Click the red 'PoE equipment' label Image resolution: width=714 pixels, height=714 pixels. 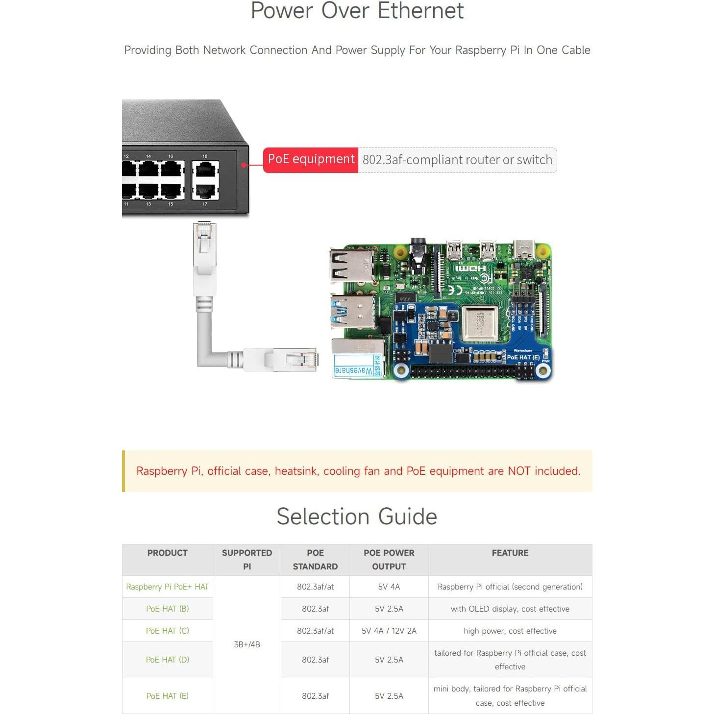tap(311, 160)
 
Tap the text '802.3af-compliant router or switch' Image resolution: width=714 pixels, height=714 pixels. tap(457, 160)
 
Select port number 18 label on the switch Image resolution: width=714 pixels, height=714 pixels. tap(205, 156)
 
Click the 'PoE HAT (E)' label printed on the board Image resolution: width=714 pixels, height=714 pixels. tap(523, 357)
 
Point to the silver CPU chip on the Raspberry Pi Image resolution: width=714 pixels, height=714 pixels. tap(480, 323)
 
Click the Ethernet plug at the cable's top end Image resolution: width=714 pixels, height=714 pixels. tap(204, 245)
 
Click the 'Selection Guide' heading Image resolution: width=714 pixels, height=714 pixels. tap(357, 517)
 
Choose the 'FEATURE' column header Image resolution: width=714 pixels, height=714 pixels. tap(510, 553)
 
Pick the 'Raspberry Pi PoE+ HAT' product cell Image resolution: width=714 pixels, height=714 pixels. tap(167, 587)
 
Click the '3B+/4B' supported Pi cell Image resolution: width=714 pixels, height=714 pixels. tap(247, 644)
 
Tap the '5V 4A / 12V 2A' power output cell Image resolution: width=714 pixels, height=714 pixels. tap(389, 631)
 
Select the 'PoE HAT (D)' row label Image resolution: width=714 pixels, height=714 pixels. tap(167, 660)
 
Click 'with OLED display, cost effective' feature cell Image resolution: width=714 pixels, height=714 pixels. tap(510, 609)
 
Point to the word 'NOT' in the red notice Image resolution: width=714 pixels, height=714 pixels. tap(518, 471)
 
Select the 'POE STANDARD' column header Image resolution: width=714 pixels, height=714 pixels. tap(315, 560)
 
